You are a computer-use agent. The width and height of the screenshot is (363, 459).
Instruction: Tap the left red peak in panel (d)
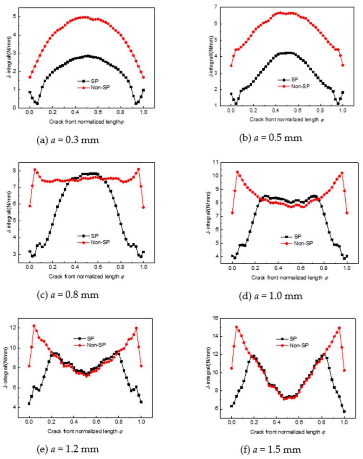tap(237, 172)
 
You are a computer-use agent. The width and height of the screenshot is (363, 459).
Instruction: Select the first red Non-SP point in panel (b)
tap(231, 66)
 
